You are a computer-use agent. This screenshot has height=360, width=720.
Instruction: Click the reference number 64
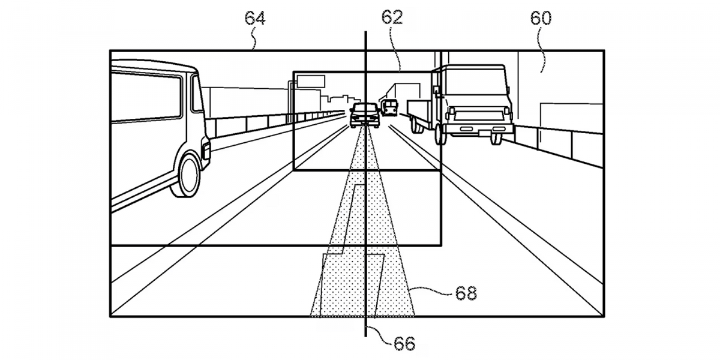click(x=254, y=19)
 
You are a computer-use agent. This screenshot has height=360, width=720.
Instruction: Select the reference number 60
click(x=540, y=19)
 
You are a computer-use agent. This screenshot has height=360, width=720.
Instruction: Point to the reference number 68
click(x=466, y=293)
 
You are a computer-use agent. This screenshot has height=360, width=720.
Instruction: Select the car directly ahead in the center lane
click(x=364, y=115)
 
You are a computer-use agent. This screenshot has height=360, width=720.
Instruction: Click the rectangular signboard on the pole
click(x=310, y=79)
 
